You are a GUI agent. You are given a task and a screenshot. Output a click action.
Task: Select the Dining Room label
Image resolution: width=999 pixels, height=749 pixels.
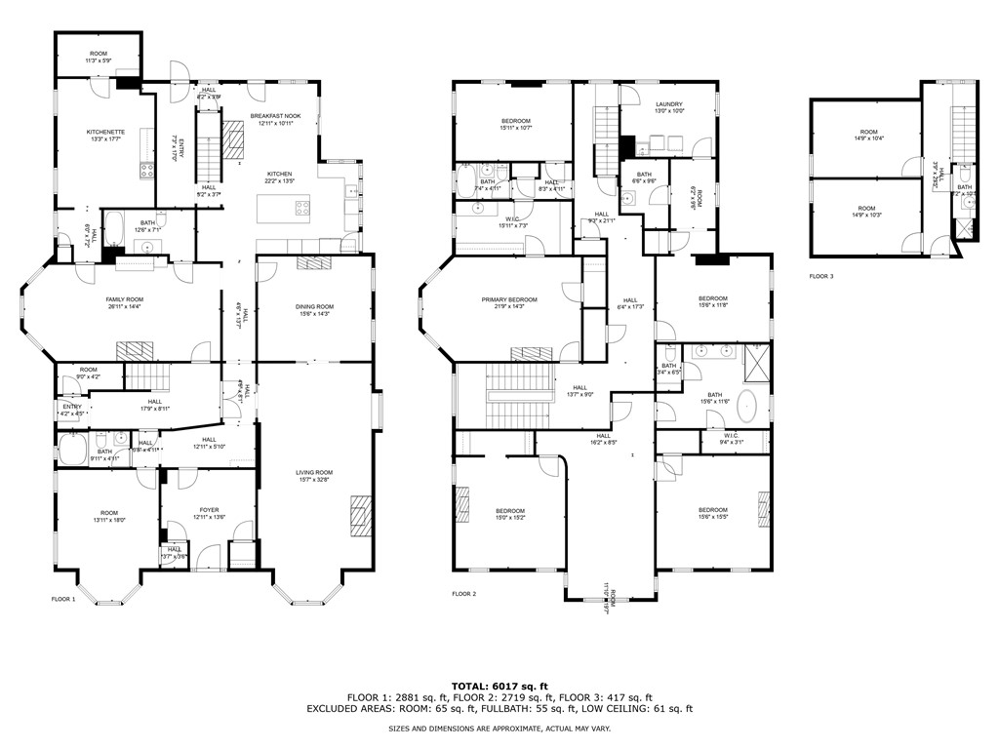pos(314,310)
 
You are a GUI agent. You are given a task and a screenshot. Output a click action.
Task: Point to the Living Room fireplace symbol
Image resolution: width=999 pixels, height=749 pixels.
pos(360,512)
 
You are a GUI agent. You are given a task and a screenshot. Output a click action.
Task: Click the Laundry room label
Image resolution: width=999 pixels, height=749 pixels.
pos(668,107)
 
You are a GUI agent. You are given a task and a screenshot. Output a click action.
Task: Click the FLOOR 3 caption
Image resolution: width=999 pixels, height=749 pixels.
pos(821,277)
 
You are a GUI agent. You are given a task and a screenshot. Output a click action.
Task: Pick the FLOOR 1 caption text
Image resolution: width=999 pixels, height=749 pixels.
pos(63,599)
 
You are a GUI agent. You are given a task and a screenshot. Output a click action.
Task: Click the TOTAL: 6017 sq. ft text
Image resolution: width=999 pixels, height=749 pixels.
pos(499,686)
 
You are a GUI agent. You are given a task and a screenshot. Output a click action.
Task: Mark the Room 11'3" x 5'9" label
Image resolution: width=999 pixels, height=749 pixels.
pos(99,58)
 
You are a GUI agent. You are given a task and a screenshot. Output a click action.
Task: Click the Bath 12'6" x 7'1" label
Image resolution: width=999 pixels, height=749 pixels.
pos(147,226)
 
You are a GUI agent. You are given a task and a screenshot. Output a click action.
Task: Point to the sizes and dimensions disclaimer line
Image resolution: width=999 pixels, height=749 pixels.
pos(499,729)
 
